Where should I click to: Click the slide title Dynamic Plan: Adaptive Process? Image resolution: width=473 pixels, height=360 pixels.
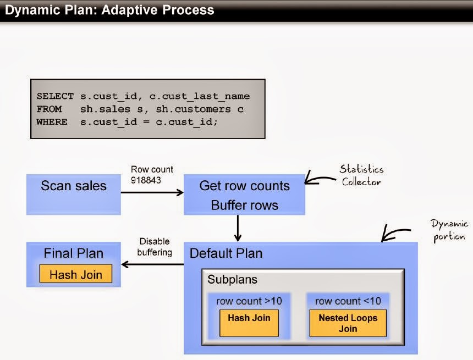coord(109,10)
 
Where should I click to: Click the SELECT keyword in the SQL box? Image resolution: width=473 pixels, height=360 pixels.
coord(55,96)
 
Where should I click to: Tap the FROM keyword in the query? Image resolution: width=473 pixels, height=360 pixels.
coord(49,109)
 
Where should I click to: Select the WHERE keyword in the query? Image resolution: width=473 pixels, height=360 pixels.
coord(52,121)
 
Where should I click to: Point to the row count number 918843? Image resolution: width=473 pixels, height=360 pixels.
coord(146,180)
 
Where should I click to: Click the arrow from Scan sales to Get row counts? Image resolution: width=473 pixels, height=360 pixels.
coord(152,192)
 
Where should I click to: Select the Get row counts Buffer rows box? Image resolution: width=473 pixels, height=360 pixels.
coord(245,195)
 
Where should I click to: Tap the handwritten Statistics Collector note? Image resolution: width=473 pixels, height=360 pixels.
coord(361,175)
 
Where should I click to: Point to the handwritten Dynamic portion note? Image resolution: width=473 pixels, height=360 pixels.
coord(449,230)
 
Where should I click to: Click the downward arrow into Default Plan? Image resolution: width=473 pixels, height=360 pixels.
coord(238,228)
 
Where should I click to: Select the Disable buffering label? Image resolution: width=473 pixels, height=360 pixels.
coord(155,247)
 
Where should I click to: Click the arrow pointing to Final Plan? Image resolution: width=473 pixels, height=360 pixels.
coord(152,264)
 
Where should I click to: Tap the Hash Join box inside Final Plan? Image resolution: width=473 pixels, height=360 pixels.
coord(75,274)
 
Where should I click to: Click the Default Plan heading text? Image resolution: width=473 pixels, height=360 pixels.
coord(226,253)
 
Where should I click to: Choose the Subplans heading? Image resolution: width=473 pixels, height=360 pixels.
coord(232,279)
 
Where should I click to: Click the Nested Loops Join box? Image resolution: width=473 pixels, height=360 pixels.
coord(348,323)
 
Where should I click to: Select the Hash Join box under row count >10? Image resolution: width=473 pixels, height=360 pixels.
coord(249,321)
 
